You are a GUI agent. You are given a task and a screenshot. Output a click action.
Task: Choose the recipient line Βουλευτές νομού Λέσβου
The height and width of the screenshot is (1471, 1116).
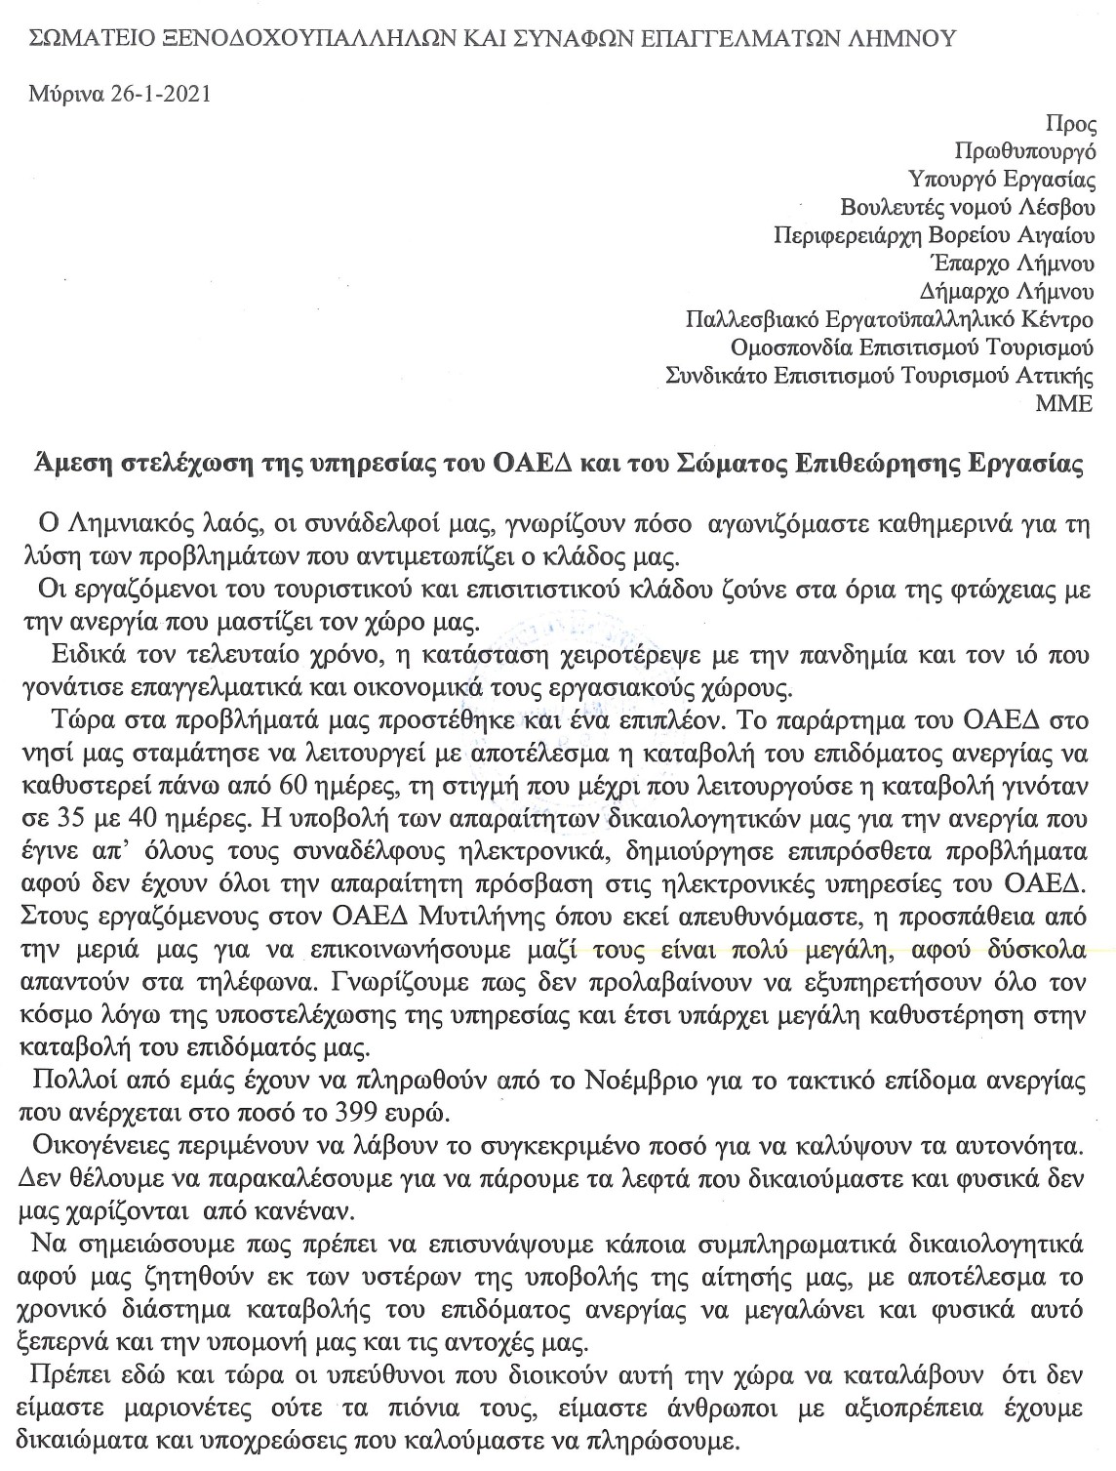(x=968, y=207)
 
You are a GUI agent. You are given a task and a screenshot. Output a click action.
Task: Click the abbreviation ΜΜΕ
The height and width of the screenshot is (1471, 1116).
(x=1069, y=402)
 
